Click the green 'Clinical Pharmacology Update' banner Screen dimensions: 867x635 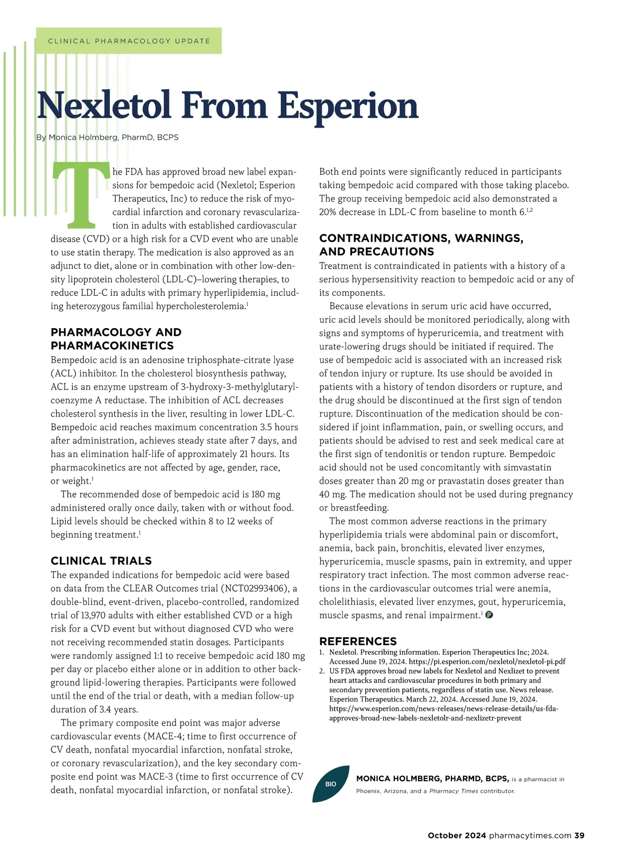129,41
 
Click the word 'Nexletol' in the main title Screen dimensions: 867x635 104,105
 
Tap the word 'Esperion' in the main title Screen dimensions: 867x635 348,106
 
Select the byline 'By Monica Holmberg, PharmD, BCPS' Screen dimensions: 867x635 107,137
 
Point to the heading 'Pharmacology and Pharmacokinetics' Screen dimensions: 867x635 116,339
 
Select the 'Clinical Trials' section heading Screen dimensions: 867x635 101,561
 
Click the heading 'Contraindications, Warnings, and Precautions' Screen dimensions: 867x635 421,245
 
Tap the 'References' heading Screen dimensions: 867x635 358,641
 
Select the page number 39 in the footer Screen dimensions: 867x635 579,835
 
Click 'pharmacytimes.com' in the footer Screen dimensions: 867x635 530,835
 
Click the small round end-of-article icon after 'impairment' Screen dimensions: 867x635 489,615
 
